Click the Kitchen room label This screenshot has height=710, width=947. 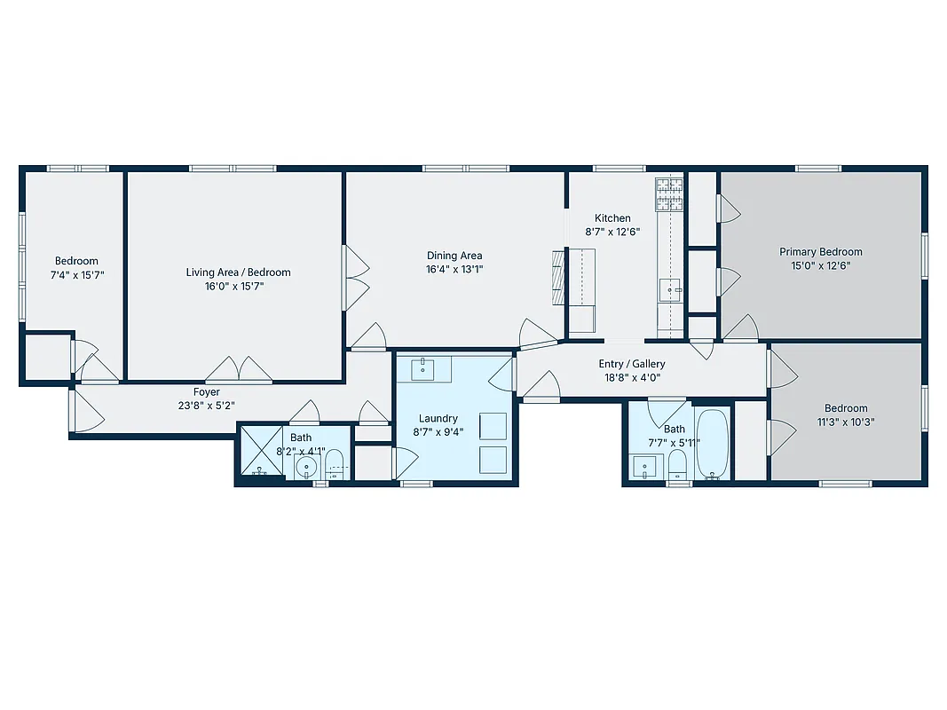612,218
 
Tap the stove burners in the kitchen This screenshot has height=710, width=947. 669,194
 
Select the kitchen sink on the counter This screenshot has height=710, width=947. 669,288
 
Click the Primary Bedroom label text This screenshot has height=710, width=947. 821,252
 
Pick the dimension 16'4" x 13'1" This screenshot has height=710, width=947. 454,269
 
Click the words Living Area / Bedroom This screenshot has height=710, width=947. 238,272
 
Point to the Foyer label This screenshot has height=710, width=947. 207,392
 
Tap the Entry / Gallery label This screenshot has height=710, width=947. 632,364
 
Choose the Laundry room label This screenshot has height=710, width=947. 438,419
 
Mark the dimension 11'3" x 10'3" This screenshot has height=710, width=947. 845,422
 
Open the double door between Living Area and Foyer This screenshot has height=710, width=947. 239,371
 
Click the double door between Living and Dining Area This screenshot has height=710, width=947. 355,278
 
